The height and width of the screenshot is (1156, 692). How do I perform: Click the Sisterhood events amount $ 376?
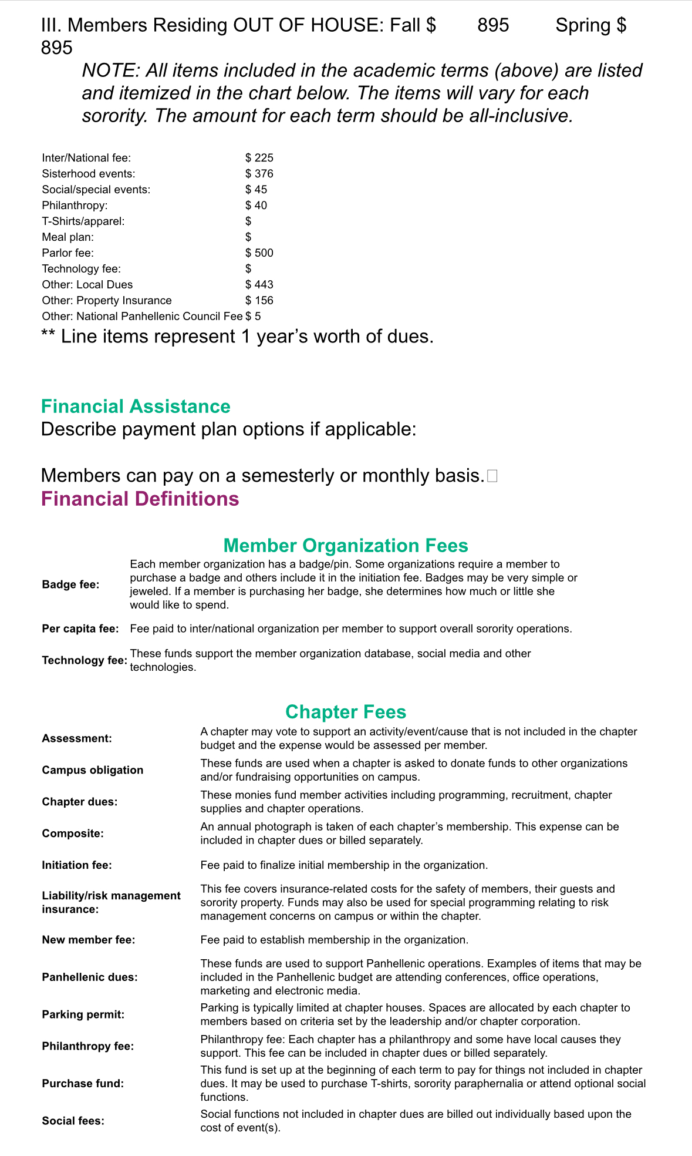(x=259, y=174)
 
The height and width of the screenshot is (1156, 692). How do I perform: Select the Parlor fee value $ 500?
(x=259, y=253)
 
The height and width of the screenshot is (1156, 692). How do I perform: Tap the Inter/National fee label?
(x=86, y=158)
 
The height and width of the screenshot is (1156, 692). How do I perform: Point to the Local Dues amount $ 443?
(x=259, y=285)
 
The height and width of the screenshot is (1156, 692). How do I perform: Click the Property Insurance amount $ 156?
(x=259, y=301)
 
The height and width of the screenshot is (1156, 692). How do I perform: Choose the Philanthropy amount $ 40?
(x=256, y=206)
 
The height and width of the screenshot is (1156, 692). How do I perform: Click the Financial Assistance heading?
(x=136, y=406)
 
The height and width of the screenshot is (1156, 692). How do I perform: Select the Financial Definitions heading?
(x=140, y=499)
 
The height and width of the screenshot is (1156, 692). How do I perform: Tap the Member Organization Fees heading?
(x=346, y=546)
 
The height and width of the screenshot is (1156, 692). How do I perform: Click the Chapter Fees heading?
(x=346, y=712)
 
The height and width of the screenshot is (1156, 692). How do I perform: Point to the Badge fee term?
(x=70, y=584)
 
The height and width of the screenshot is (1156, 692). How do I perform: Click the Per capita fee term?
(x=80, y=629)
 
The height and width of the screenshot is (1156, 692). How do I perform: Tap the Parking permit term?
(x=83, y=1014)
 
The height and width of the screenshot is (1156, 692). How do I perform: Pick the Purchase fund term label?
(x=83, y=1083)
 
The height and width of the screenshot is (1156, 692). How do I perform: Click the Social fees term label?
(x=73, y=1121)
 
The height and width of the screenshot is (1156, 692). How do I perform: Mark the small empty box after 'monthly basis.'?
(x=492, y=476)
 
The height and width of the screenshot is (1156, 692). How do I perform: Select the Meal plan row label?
(x=67, y=237)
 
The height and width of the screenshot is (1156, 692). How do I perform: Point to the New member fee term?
(x=88, y=940)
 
